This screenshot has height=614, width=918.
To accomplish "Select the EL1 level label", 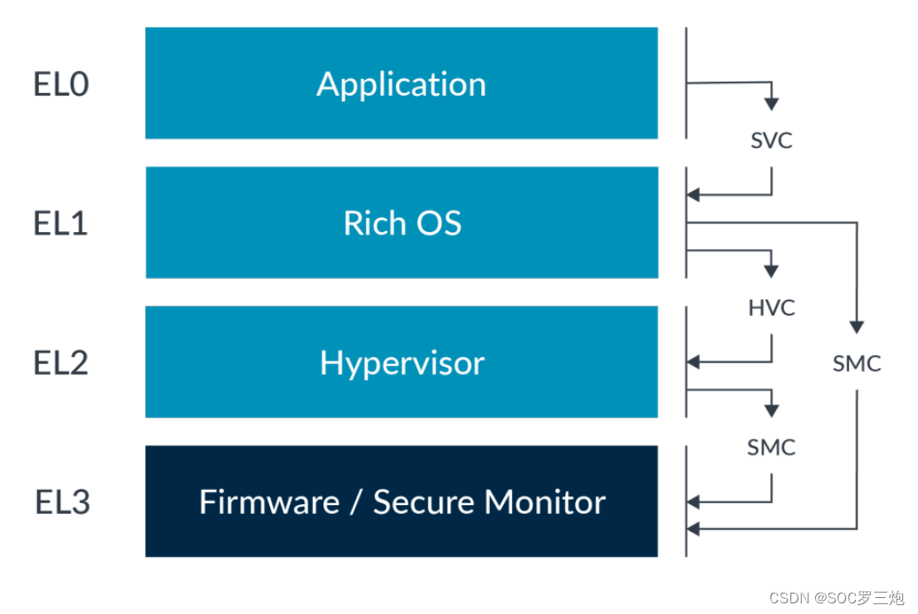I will (x=61, y=223).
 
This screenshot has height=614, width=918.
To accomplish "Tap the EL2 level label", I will (x=61, y=363).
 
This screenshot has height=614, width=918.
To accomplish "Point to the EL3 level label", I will (x=63, y=502).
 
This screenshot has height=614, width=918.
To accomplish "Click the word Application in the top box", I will (x=401, y=84).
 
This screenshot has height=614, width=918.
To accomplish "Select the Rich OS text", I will (x=402, y=223).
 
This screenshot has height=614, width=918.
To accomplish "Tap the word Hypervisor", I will (x=402, y=363).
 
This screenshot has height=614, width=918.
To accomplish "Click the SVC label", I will (x=771, y=140).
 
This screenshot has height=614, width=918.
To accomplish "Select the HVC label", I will (x=771, y=307).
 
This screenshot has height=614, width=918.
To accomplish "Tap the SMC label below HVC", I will (x=771, y=447).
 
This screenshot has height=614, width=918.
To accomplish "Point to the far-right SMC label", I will (x=857, y=363).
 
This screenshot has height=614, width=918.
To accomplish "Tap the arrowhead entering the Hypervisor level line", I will (x=695, y=362).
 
